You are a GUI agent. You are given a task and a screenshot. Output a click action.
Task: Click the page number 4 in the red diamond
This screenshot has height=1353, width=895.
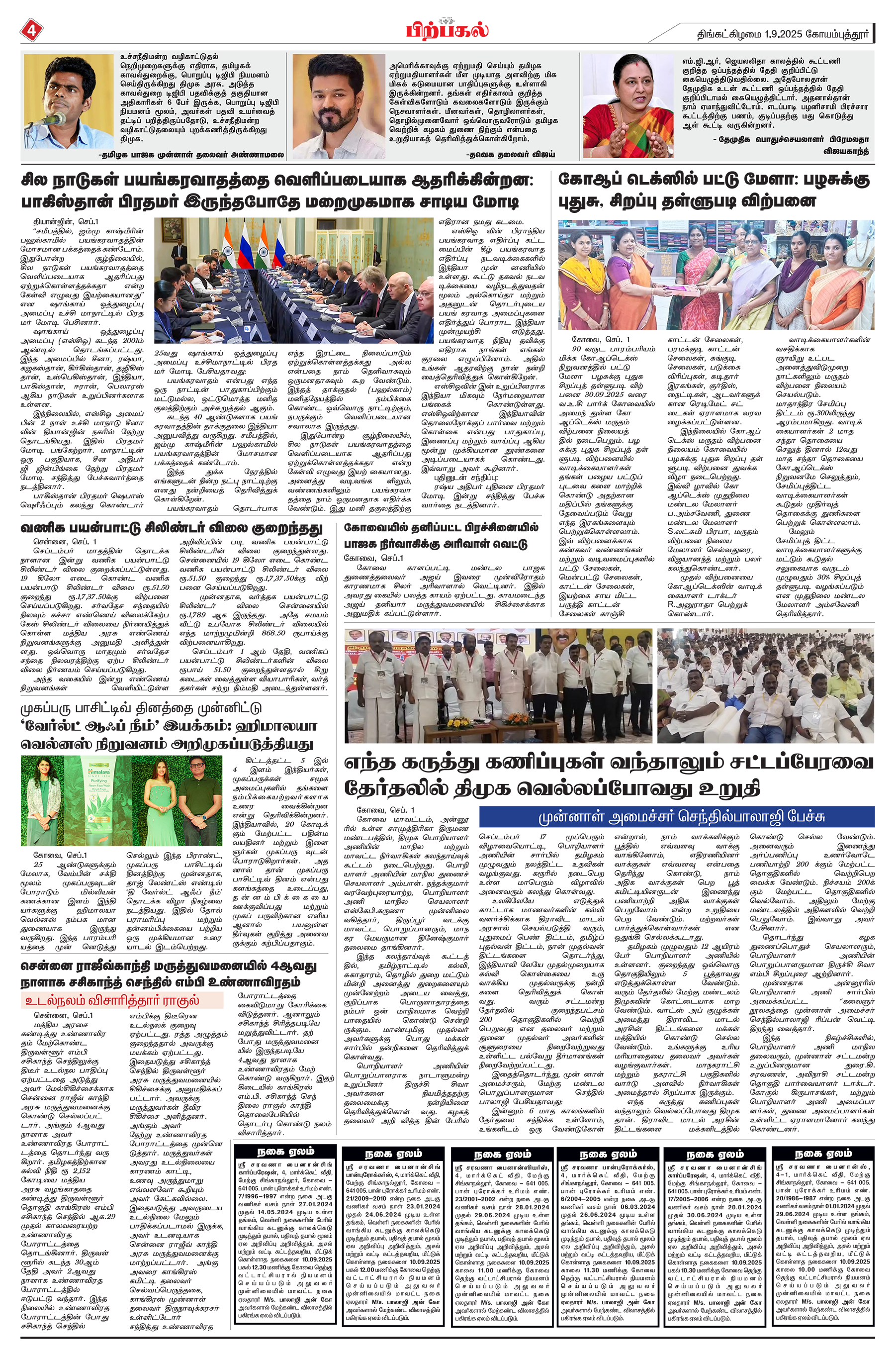click(30, 30)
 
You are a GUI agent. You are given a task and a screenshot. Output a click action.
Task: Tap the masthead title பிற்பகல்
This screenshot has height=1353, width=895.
click(447, 29)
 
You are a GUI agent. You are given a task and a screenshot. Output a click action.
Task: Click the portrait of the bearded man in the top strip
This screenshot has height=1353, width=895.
click(337, 105)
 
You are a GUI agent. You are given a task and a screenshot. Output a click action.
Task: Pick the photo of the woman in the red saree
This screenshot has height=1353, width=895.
click(628, 105)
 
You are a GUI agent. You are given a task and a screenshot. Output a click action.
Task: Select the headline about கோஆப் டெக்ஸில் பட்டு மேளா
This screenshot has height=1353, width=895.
click(715, 191)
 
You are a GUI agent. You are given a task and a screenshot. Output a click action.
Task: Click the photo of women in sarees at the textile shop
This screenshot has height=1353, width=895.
click(716, 275)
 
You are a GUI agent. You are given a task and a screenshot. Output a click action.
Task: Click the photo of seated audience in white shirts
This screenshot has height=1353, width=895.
click(765, 685)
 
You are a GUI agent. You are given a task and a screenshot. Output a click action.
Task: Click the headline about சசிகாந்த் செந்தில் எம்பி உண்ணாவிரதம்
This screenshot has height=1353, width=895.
click(169, 974)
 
